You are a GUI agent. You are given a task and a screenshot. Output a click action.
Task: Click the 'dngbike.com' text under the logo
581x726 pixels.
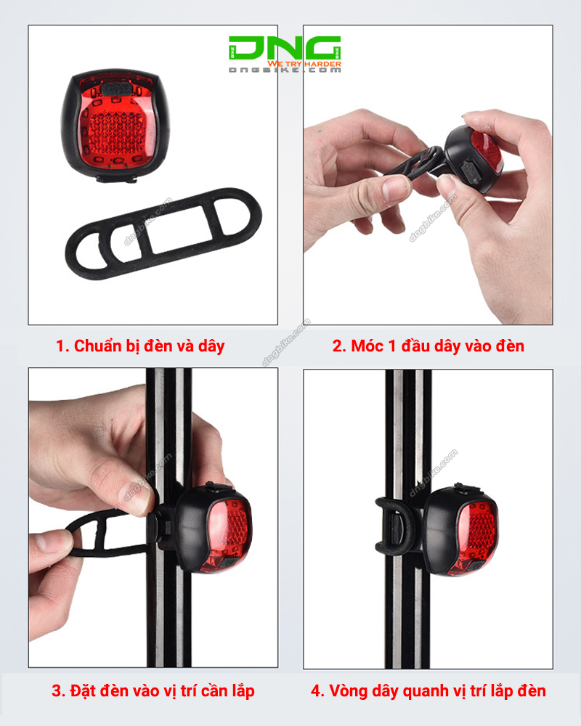284,71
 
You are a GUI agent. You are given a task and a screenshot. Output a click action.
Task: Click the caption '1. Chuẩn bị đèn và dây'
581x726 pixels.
140,346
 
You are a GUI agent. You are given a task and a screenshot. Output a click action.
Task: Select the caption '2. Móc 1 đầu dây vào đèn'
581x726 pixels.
428,346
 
